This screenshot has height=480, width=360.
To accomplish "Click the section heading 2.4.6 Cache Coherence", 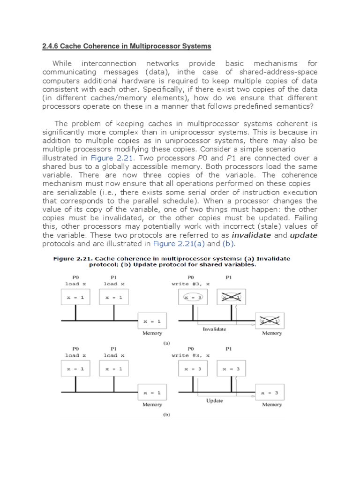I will click(x=127, y=46).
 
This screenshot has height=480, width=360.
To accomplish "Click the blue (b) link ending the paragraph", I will click(x=228, y=244).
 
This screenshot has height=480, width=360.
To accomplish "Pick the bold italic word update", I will click(x=303, y=235).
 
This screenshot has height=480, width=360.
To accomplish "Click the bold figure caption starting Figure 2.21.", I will click(x=172, y=262).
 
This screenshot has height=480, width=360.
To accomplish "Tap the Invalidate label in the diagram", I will click(x=214, y=329).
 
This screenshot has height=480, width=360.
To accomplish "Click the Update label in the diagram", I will click(x=214, y=401).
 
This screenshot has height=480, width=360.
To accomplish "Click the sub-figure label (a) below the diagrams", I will click(x=166, y=343).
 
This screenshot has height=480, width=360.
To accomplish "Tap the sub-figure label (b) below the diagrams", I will click(x=166, y=415).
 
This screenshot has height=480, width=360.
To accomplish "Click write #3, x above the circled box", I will click(x=191, y=284).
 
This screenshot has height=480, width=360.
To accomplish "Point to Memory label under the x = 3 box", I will click(x=272, y=405).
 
